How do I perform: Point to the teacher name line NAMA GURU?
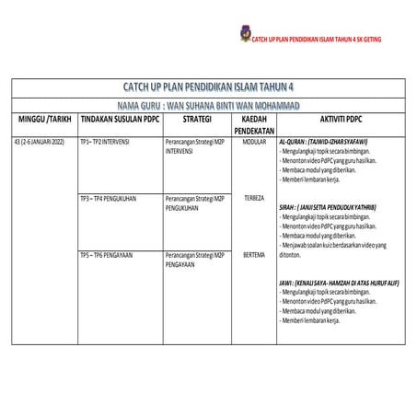pyautogui.click(x=209, y=106)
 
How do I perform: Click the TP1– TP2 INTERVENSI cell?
pyautogui.click(x=105, y=143)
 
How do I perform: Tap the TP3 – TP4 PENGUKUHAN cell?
pyautogui.click(x=109, y=198)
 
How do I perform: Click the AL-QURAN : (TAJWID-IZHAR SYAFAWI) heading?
pyautogui.click(x=323, y=143)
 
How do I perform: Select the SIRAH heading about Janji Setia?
pyautogui.click(x=327, y=208)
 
